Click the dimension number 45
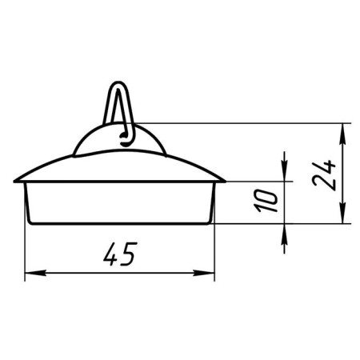(120, 254)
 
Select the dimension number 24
(323, 175)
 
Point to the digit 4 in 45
(111, 254)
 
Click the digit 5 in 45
(129, 254)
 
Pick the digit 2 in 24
(323, 183)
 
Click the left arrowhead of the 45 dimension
(35, 273)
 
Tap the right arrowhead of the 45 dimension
(204, 273)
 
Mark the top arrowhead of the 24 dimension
(343, 134)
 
